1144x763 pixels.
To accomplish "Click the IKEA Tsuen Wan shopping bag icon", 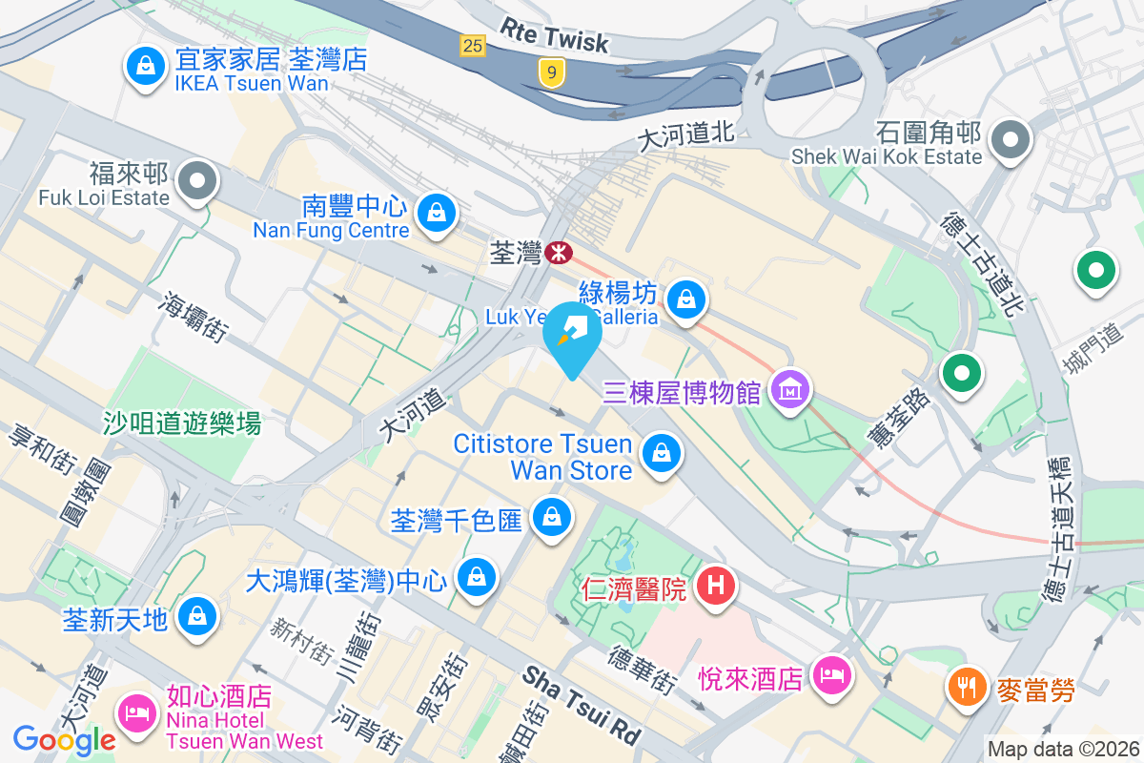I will click(144, 67).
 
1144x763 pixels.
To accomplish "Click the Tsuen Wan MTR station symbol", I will click(559, 253).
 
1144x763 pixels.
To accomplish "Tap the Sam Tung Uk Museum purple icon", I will click(790, 390).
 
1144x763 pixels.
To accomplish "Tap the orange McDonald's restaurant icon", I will click(968, 686).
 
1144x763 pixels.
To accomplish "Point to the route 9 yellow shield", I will click(548, 71).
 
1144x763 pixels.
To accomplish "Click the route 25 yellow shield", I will click(471, 44).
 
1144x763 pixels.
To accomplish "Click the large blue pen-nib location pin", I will click(572, 334).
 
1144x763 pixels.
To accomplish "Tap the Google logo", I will click(64, 740).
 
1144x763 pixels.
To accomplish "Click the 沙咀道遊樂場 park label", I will click(182, 423).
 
